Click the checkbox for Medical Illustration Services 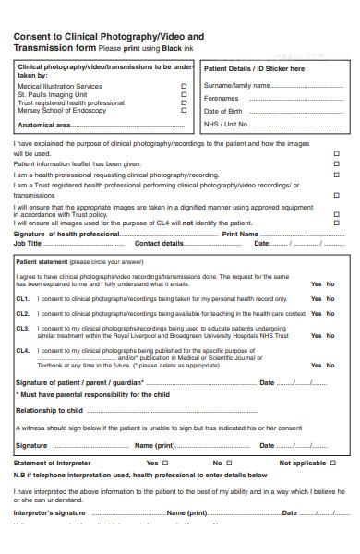[184, 86]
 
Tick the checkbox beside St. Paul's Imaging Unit [184, 94]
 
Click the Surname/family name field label [227, 85]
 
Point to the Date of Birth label [222, 111]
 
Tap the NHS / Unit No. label [226, 124]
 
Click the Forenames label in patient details [221, 98]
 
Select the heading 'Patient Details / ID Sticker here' [254, 68]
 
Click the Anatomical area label [44, 125]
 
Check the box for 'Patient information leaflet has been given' [336, 163]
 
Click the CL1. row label [22, 298]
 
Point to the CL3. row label [22, 329]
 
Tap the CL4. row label [22, 351]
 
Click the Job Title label [28, 244]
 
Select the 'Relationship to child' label [51, 409]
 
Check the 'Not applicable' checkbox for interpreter [337, 463]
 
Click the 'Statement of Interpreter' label [53, 463]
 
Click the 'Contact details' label [160, 244]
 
